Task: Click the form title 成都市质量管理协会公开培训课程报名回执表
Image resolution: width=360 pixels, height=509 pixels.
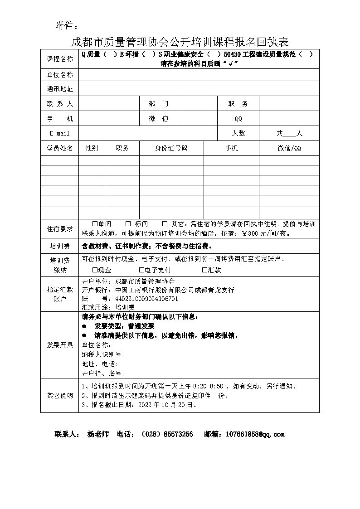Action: pyautogui.click(x=180, y=42)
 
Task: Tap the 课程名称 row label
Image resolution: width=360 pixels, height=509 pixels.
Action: pyautogui.click(x=59, y=59)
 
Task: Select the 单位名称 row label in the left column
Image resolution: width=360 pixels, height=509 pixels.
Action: pyautogui.click(x=59, y=75)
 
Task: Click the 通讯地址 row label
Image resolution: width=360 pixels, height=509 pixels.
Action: pyautogui.click(x=59, y=89)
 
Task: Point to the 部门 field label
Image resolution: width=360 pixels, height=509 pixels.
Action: pyautogui.click(x=158, y=104)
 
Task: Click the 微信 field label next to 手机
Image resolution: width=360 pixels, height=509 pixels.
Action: pyautogui.click(x=158, y=119)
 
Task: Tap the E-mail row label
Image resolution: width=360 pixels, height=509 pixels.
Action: pyautogui.click(x=59, y=133)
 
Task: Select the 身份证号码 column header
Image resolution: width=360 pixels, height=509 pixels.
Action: pyautogui.click(x=171, y=148)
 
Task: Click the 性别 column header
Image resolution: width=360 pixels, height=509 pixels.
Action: pyautogui.click(x=92, y=148)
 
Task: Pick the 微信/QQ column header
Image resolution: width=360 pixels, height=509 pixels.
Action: pyautogui.click(x=289, y=148)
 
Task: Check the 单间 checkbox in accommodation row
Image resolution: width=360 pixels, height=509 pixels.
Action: pyautogui.click(x=95, y=224)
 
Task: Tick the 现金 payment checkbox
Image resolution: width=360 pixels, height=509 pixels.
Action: pyautogui.click(x=95, y=270)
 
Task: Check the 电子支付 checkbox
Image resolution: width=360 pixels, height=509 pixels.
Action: pyautogui.click(x=141, y=270)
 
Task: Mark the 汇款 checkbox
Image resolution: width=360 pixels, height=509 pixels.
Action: pyautogui.click(x=204, y=270)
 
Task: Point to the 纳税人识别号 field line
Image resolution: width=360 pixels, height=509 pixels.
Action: pyautogui.click(x=103, y=354)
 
